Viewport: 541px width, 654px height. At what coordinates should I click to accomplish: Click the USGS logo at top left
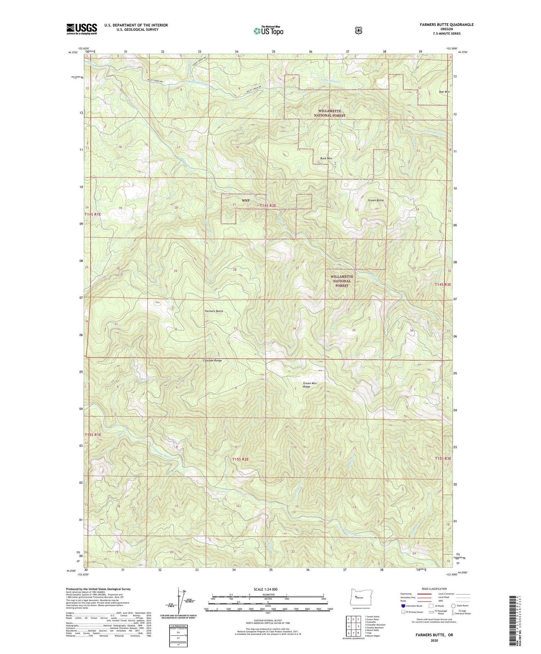82,29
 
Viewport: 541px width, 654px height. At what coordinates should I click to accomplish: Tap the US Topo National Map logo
268,30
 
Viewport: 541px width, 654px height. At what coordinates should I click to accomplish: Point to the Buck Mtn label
326,158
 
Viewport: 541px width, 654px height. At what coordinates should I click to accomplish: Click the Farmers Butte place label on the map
214,311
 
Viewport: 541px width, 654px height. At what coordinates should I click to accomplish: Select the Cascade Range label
212,360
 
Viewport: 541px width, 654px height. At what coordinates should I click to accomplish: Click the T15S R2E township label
241,459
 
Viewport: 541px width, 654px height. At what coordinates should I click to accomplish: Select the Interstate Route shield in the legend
403,606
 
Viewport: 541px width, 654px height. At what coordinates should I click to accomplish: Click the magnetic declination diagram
179,602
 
